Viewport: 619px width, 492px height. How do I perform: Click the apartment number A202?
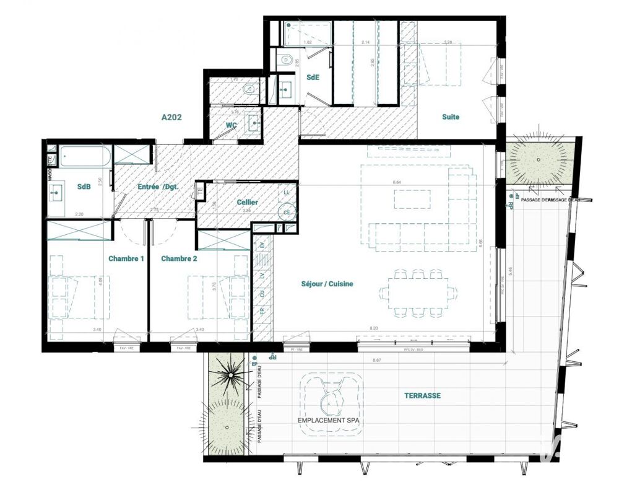coord(171,116)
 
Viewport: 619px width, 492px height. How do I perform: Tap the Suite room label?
coord(451,116)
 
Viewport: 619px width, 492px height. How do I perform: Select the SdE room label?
coord(313,77)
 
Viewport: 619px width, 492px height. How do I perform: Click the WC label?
coord(232,125)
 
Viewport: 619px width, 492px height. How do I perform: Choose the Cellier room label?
coord(247,203)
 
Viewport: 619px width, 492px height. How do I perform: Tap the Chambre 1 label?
coord(126,258)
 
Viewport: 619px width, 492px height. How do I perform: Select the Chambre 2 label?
coord(179,258)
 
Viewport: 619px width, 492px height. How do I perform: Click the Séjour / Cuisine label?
coord(327,284)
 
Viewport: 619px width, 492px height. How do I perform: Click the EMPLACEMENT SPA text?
coord(329,420)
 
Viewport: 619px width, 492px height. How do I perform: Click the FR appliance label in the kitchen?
coord(262,310)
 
